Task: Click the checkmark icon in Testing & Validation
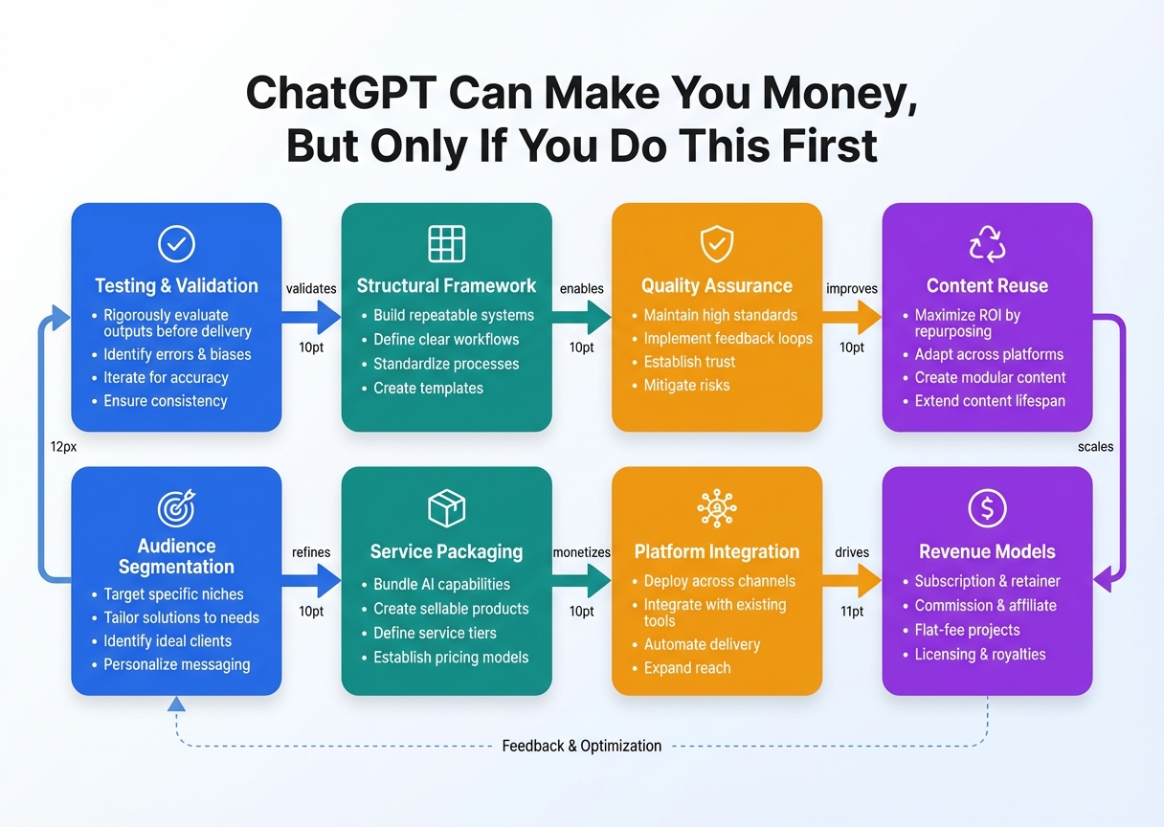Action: (176, 245)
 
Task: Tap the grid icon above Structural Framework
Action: (446, 245)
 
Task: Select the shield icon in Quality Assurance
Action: (716, 245)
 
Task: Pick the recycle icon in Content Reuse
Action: (987, 245)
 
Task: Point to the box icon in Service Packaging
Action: (446, 509)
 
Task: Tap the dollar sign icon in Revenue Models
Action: (987, 509)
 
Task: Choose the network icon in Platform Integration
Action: (716, 509)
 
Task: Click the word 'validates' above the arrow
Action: (310, 288)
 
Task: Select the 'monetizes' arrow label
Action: (581, 552)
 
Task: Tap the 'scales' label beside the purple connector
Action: (1095, 446)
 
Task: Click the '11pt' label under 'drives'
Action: (851, 612)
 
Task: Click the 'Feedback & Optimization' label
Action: (581, 746)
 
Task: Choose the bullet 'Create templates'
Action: (428, 388)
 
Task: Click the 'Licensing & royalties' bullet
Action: (980, 655)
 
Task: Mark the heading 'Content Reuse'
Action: (987, 285)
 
